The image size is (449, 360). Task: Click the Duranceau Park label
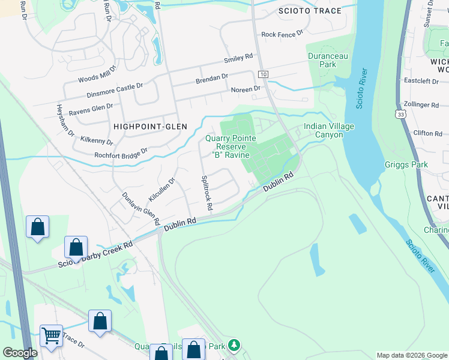point(328,60)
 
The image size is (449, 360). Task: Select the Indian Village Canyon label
point(329,130)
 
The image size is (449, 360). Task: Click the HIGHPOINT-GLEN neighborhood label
point(149,127)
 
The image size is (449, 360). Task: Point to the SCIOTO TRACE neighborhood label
point(310,11)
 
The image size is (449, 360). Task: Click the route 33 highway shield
point(400,113)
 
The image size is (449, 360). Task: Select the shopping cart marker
point(51,337)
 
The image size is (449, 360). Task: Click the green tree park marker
point(234,345)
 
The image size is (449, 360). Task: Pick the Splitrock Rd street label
point(206,193)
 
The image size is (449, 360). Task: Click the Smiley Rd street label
point(238,59)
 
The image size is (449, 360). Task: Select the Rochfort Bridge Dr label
point(121,154)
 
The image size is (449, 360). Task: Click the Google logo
point(20,353)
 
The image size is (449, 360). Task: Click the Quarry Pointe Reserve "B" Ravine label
point(231,146)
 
